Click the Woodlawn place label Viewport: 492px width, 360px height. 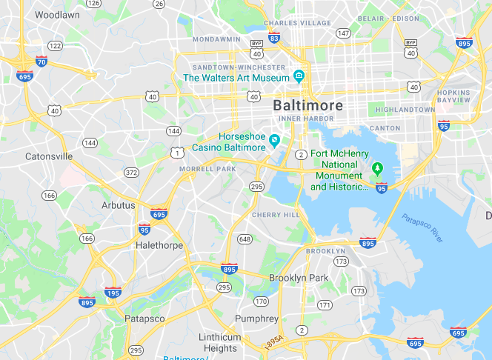[x=56, y=14]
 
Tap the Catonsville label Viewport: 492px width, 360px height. [x=49, y=156]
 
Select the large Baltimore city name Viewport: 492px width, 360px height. [x=308, y=105]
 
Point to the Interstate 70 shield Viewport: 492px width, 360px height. [x=41, y=61]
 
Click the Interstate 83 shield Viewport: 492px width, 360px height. [x=274, y=37]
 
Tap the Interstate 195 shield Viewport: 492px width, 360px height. [x=113, y=293]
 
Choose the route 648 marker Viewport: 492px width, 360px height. [x=245, y=239]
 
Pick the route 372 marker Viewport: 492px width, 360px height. [x=131, y=173]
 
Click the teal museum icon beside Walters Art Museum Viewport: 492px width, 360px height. [x=299, y=76]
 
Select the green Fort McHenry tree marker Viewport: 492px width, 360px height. [x=377, y=167]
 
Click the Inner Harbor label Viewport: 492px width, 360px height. [x=301, y=119]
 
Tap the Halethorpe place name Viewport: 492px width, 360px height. [x=159, y=244]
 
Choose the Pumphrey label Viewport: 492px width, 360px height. [x=256, y=319]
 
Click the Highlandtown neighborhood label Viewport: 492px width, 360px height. [x=405, y=110]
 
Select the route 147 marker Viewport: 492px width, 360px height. [x=343, y=33]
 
